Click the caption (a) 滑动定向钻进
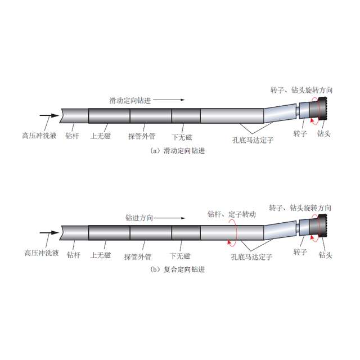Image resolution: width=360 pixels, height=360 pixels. [x=178, y=151]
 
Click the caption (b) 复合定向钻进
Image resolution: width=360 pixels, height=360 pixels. [x=178, y=269]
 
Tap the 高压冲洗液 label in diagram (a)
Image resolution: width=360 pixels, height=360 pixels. [x=39, y=136]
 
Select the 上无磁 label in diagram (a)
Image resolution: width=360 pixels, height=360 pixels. [x=100, y=136]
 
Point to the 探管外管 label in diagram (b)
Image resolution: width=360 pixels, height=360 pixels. [x=138, y=256]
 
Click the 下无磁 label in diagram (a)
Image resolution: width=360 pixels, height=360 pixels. [x=182, y=137]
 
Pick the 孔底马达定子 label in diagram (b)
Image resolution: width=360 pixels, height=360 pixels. [x=251, y=256]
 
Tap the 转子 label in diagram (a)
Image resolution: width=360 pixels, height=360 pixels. [x=300, y=133]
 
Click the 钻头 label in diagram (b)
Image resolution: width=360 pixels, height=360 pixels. [x=325, y=255]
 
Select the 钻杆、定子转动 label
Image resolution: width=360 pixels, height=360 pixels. [x=232, y=214]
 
